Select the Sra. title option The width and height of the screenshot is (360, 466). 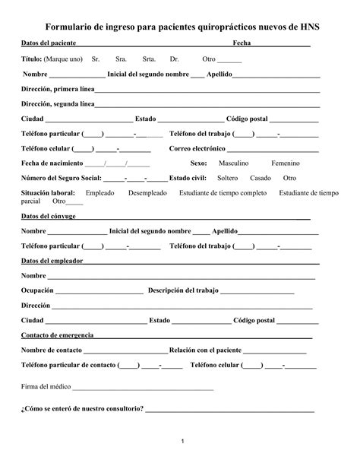[x=121, y=59]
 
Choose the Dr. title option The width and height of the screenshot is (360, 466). [x=175, y=59]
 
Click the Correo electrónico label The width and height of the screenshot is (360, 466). [x=197, y=148]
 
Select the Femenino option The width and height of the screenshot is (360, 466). [x=286, y=163]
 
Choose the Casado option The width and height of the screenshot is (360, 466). [x=261, y=178]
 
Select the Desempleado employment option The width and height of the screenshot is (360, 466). [x=148, y=193]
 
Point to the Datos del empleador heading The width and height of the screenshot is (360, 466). [x=52, y=261]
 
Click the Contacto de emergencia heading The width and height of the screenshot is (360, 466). [x=56, y=335]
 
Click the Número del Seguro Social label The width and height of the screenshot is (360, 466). [x=61, y=178]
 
